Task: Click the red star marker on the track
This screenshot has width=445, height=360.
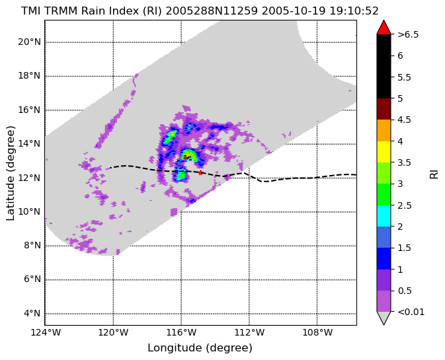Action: tap(200, 172)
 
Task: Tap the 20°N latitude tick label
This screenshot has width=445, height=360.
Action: tap(30, 42)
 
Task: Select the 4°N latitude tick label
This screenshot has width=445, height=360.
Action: tap(32, 314)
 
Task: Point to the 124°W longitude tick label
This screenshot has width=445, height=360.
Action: tap(46, 332)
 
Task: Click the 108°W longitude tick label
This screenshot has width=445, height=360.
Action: tap(317, 332)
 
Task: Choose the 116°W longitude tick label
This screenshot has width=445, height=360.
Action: tap(181, 332)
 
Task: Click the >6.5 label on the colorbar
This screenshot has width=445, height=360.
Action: tap(408, 34)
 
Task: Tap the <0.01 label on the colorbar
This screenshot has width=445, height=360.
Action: tap(411, 312)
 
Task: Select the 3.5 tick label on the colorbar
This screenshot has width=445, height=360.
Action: tap(405, 162)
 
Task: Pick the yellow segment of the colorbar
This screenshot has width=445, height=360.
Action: tap(384, 152)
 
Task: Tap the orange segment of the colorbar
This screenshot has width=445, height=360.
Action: tap(384, 130)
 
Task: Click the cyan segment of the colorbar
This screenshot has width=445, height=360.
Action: tap(384, 216)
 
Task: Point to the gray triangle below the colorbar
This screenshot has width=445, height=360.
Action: tap(384, 317)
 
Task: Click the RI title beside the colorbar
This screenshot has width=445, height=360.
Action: tap(434, 173)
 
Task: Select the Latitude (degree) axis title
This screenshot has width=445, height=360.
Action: tap(10, 173)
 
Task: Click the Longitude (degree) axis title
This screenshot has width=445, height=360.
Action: tap(200, 348)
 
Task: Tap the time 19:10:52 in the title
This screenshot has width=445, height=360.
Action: tap(354, 11)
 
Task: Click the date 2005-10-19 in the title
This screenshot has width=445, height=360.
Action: tap(294, 11)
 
